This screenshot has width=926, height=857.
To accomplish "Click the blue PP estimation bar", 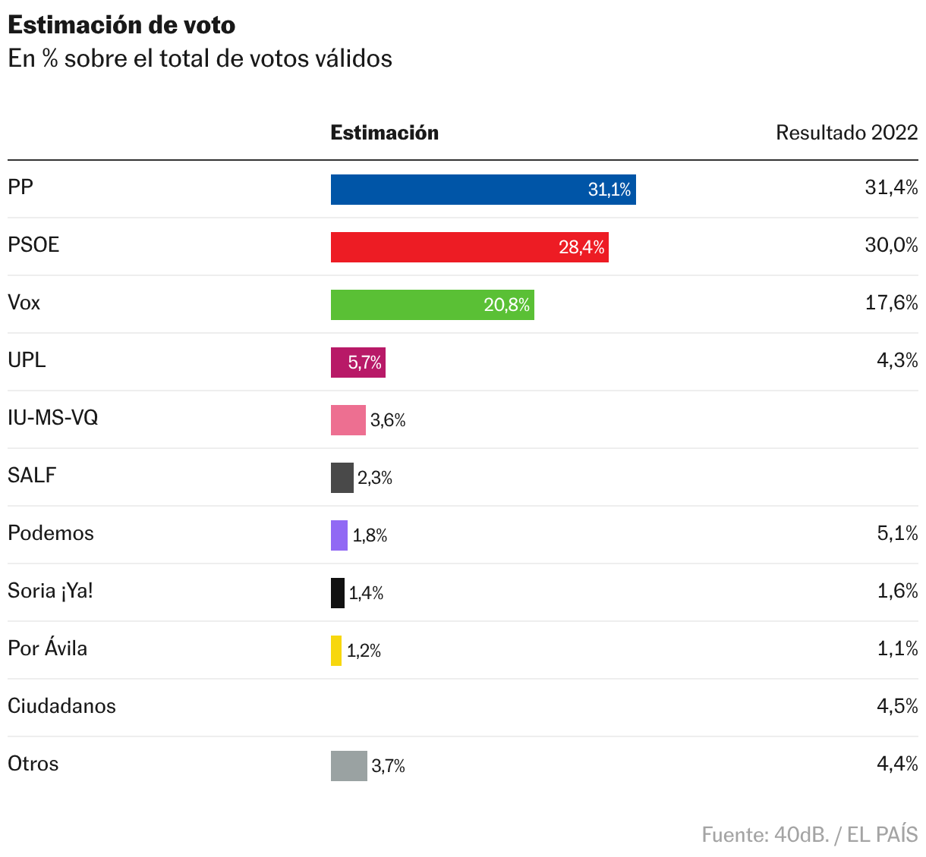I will [483, 190].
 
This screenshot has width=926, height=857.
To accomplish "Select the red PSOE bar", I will [469, 247].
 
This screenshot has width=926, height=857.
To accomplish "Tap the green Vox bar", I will [432, 305].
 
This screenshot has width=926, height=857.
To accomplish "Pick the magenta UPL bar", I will [357, 363].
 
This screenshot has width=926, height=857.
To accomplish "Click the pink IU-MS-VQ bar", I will [348, 420].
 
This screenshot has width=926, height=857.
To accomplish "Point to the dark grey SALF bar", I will [342, 478].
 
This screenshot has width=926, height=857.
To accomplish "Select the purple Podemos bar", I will [339, 535].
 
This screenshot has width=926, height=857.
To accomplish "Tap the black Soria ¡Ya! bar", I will [337, 593].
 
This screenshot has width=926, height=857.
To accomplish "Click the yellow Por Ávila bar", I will [336, 651].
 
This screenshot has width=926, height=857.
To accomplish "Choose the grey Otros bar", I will [348, 766].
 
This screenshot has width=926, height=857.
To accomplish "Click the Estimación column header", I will [384, 133].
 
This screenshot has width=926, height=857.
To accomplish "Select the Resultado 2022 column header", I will [846, 133].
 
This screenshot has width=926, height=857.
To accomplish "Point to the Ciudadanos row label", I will [61, 706].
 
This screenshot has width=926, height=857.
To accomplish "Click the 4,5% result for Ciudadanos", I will [897, 706].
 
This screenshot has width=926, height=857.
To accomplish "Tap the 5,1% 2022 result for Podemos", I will [897, 533].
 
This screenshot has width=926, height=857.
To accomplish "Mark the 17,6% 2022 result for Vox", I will [891, 303].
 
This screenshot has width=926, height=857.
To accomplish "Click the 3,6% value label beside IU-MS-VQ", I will [388, 420].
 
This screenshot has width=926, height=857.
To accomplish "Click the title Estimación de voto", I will [121, 25].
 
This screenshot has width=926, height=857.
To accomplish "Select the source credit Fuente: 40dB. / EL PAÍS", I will [809, 835].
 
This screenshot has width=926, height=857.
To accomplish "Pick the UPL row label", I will [27, 360].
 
